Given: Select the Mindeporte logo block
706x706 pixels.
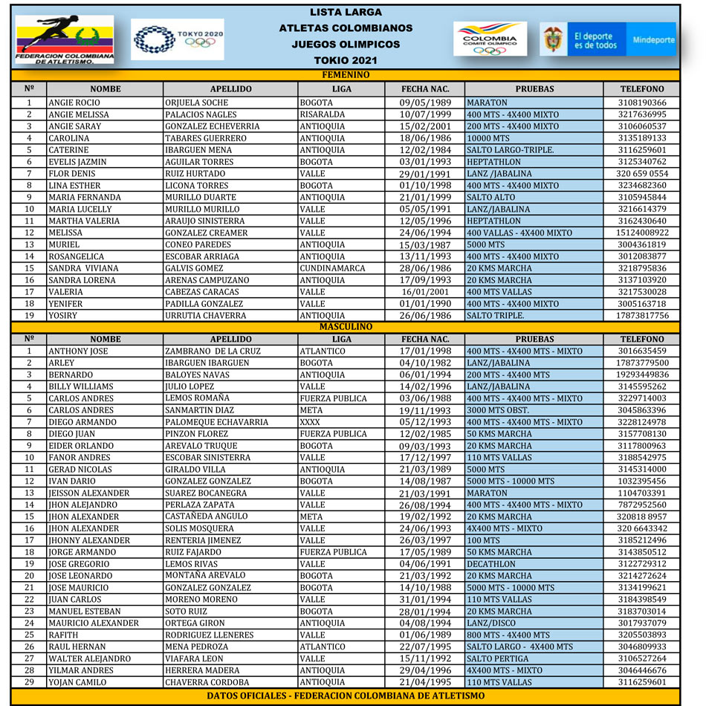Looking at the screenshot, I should pyautogui.click(x=654, y=39).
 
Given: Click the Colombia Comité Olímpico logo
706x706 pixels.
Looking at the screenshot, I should pyautogui.click(x=490, y=39).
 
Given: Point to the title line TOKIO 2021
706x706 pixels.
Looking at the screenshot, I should pyautogui.click(x=346, y=60).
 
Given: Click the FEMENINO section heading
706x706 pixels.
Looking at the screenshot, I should pyautogui.click(x=346, y=75).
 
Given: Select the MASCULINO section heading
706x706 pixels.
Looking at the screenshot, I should pyautogui.click(x=346, y=327).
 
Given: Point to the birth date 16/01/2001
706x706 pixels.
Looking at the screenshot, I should pyautogui.click(x=424, y=292).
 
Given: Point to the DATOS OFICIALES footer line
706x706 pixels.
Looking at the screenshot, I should pyautogui.click(x=346, y=696).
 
